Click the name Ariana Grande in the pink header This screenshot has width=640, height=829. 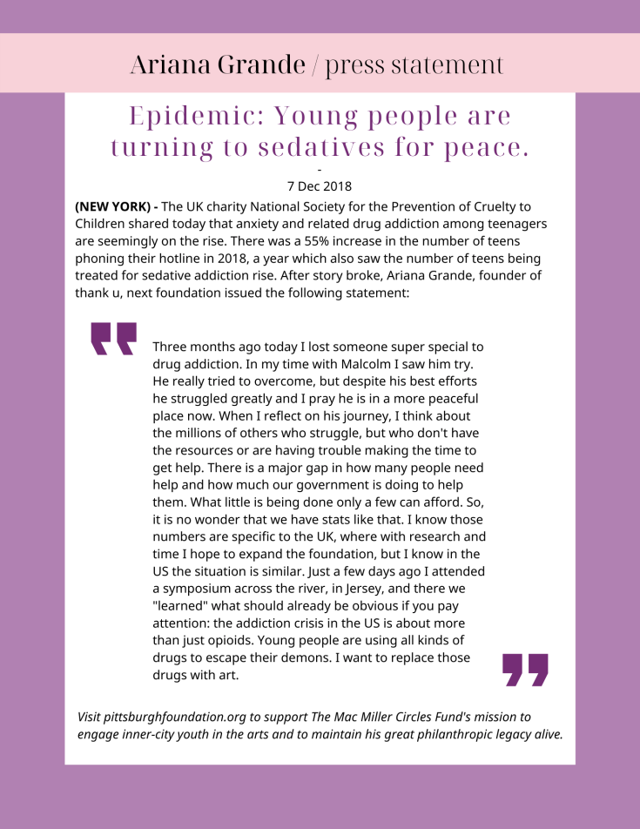(x=218, y=64)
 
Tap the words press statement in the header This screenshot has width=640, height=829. (x=414, y=64)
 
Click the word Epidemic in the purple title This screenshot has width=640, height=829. (x=185, y=116)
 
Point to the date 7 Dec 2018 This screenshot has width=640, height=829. (x=320, y=185)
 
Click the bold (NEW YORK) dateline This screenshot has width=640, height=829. (x=117, y=206)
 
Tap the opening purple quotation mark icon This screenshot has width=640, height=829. (x=114, y=339)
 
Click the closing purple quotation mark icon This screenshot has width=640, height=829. (x=526, y=670)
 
